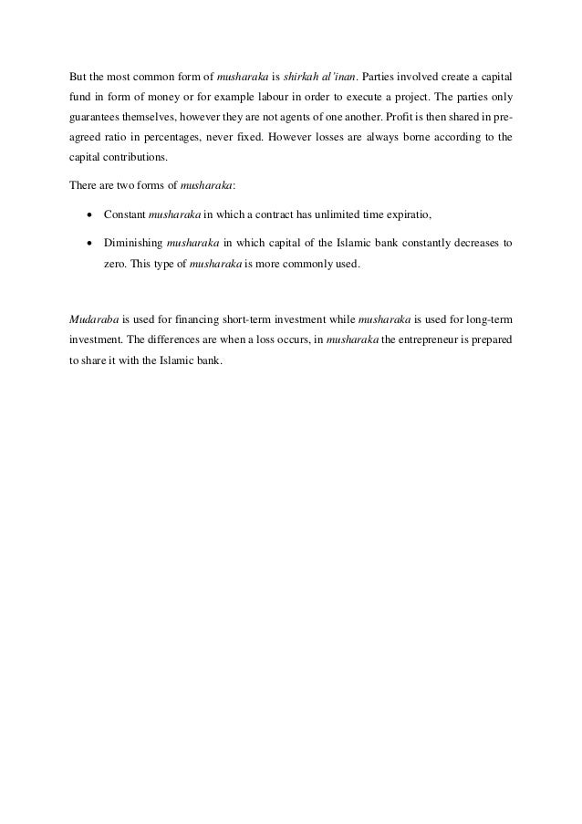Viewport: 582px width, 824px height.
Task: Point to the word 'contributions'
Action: pos(140,162)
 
